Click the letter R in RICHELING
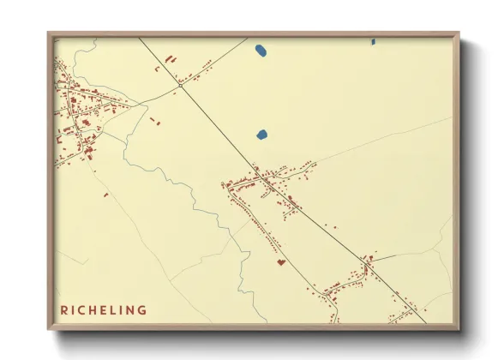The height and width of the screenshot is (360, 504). tap(64, 310)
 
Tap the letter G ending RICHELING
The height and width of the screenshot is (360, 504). tap(142, 310)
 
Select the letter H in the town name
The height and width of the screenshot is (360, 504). tap(93, 310)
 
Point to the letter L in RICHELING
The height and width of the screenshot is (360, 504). tap(112, 310)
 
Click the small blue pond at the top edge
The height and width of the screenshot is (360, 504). tap(373, 41)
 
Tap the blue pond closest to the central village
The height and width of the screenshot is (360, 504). tap(261, 135)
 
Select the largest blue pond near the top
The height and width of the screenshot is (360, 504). tap(261, 51)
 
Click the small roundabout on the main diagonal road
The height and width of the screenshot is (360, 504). tap(181, 85)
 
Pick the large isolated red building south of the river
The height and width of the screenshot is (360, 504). tap(279, 261)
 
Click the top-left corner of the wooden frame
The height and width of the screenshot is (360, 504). tap(49, 33)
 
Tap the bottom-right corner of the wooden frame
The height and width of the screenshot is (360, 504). tap(459, 329)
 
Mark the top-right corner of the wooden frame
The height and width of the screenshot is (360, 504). tap(459, 33)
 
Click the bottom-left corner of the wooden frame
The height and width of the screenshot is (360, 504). tap(49, 329)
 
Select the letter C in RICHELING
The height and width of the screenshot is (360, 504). tap(82, 310)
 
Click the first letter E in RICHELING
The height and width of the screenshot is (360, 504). tap(103, 310)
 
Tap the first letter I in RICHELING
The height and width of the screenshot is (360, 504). tap(74, 310)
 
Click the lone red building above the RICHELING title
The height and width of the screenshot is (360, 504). tap(105, 195)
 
